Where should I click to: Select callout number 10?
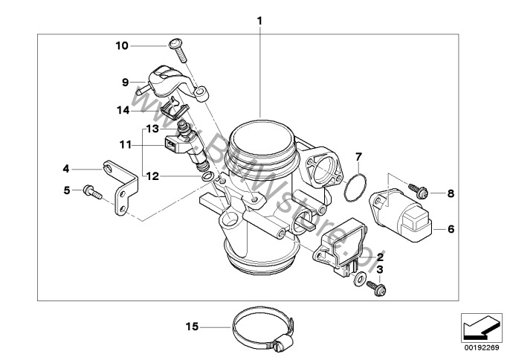[122, 45]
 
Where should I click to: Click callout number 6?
[450, 230]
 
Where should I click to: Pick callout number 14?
[122, 109]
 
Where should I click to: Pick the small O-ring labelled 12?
[212, 177]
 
